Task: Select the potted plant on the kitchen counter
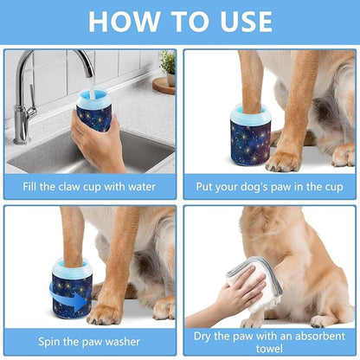tap(166, 64)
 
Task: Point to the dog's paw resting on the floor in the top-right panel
tap(284, 159)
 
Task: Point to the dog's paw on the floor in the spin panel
tap(106, 312)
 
